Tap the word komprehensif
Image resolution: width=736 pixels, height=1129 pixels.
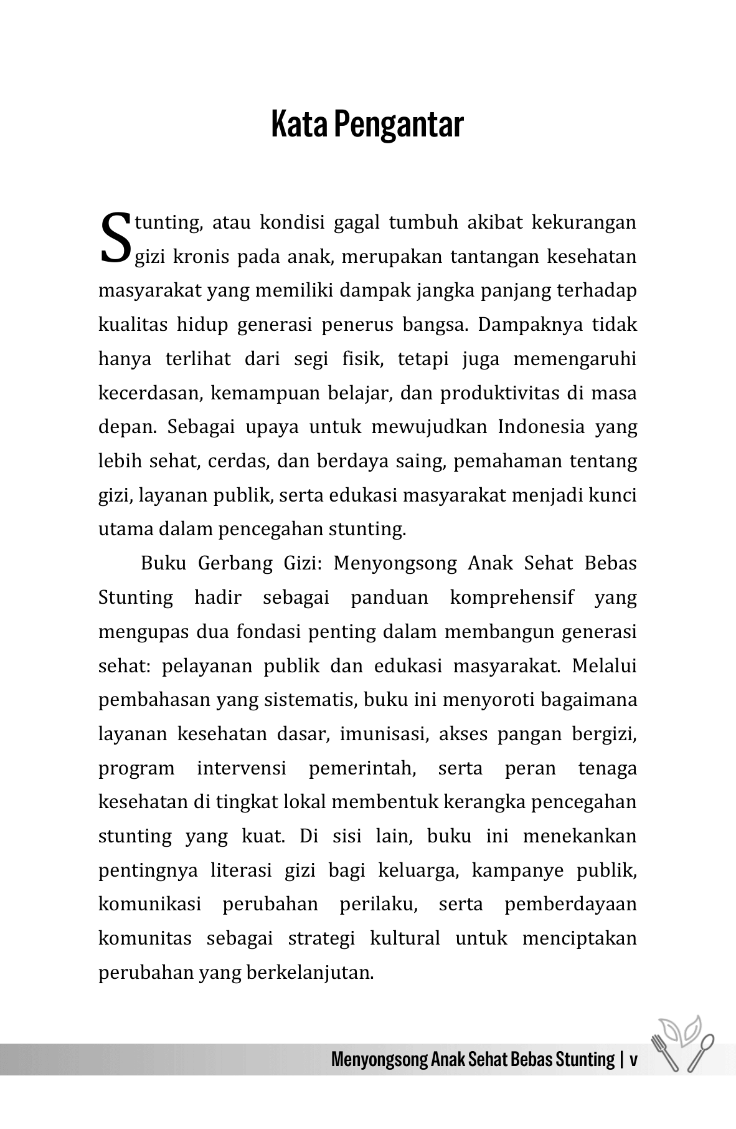(511, 598)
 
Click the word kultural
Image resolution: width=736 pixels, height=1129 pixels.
(405, 938)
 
